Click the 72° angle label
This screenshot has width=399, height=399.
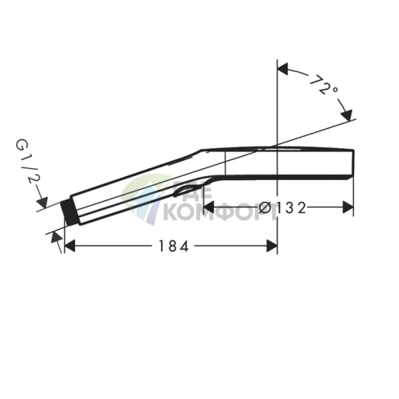(323, 86)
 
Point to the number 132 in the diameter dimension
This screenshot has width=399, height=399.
(290, 208)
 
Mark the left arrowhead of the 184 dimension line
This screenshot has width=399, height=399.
(69, 246)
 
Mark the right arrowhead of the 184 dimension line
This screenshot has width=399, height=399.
(272, 246)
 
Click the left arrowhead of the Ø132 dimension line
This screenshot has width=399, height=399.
(196, 208)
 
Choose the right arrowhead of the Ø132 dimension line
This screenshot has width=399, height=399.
(349, 208)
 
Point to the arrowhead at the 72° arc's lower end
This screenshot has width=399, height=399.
(346, 113)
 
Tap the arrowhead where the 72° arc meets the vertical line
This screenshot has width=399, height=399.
(282, 68)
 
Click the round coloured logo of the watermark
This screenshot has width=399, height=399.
(145, 198)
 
